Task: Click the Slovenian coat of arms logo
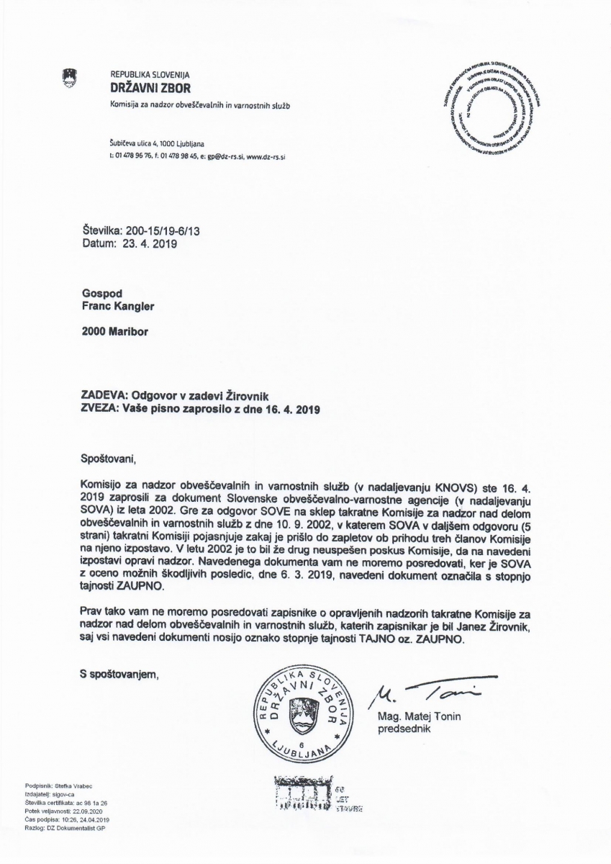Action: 70,77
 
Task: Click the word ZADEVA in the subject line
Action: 106,395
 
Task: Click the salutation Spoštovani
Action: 109,456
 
